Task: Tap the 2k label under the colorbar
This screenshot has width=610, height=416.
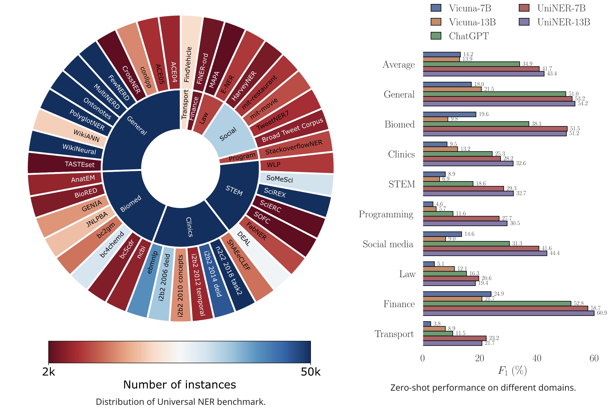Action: (49, 372)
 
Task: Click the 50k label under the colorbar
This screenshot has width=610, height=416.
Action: (310, 372)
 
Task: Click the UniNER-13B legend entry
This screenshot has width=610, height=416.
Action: (554, 22)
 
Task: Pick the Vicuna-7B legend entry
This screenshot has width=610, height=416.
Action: (461, 8)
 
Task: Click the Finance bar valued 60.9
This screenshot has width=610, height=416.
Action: (508, 313)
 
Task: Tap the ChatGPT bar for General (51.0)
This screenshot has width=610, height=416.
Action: (494, 94)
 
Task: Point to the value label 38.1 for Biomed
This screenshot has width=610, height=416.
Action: (536, 124)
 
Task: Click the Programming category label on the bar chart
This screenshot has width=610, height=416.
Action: (386, 214)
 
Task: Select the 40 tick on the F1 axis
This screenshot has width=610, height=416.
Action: (537, 358)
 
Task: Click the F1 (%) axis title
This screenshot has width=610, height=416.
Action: (512, 370)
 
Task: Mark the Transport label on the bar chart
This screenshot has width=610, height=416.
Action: (394, 334)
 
